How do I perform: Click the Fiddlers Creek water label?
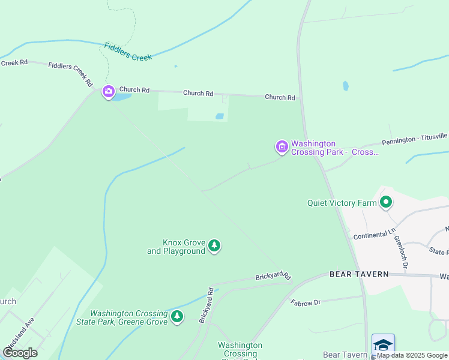[x=128, y=51]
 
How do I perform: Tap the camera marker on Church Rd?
[x=109, y=92]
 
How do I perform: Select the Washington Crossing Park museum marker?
[x=282, y=146]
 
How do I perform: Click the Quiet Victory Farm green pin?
[x=386, y=203]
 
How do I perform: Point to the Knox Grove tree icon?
[x=214, y=245]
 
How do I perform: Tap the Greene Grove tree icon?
[x=176, y=316]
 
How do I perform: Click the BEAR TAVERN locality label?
[x=359, y=274]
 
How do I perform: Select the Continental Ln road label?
[x=375, y=235]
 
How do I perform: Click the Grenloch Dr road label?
[x=400, y=251]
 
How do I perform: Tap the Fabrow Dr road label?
[x=306, y=303]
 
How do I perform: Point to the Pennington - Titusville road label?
[x=415, y=140]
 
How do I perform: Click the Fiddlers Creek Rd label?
[x=71, y=73]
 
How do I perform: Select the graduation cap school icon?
[x=383, y=344]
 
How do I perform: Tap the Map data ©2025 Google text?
[x=412, y=355]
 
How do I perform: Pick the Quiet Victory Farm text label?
[x=342, y=203]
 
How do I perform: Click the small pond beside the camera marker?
[x=122, y=96]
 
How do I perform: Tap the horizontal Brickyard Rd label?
[x=273, y=276]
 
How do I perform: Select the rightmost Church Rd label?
[x=280, y=97]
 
